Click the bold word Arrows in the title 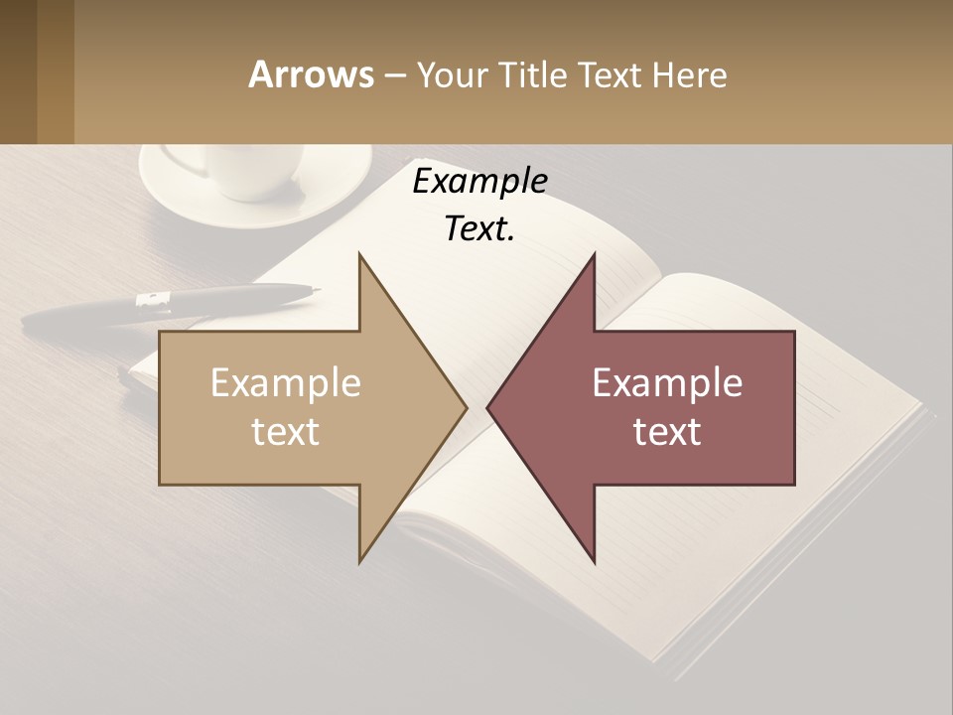pos(311,74)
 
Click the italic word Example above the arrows pos(479,181)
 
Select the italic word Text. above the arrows pos(479,228)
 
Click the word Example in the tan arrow pos(286,383)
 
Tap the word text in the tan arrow pos(286,431)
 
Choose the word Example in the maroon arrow pos(667,383)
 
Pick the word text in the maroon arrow pos(667,431)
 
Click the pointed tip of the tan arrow pos(465,407)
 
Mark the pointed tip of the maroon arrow pos(489,407)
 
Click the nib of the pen pos(315,290)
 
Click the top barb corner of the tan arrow pos(360,256)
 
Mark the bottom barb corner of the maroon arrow pos(594,560)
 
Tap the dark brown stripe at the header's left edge pos(18,71)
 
